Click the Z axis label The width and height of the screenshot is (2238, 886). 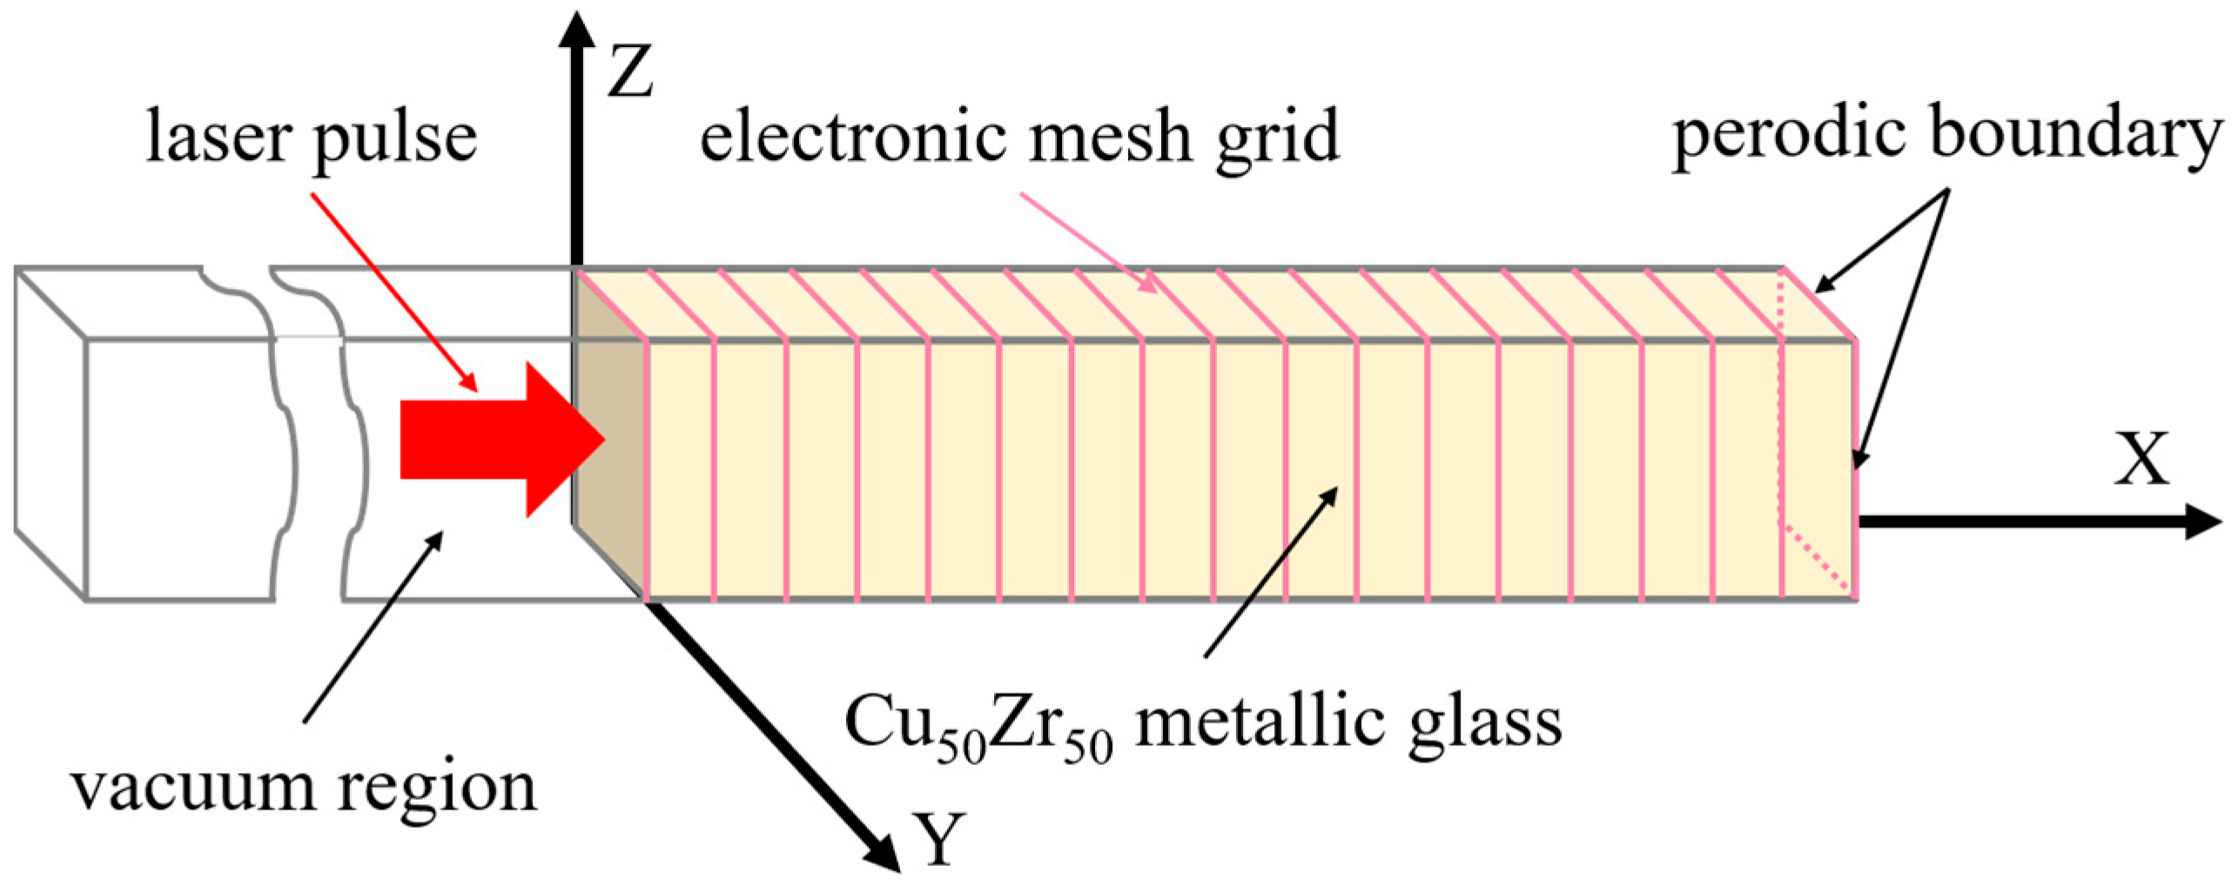[x=630, y=73]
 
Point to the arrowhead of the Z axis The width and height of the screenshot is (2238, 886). [x=576, y=30]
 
